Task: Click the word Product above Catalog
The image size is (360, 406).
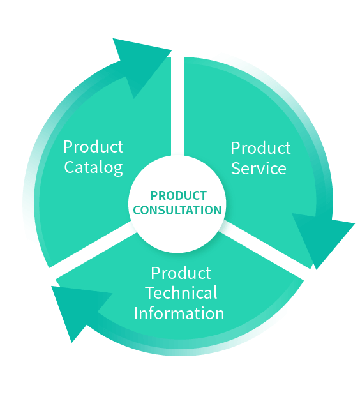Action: [x=93, y=147]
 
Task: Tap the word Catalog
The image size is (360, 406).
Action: [x=93, y=168]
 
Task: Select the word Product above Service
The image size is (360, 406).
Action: [x=260, y=148]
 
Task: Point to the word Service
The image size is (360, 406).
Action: [x=259, y=169]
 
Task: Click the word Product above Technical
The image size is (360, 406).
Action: [x=181, y=273]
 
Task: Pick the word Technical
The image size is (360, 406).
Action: [x=181, y=293]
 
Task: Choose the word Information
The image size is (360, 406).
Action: [x=179, y=313]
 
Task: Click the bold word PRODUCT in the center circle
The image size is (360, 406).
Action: [x=179, y=196]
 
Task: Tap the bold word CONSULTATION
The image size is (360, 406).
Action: [x=177, y=210]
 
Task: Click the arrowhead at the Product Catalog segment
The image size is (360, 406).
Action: [x=140, y=63]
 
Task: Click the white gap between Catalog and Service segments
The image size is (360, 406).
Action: [x=177, y=106]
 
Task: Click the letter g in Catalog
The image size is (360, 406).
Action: [x=118, y=169]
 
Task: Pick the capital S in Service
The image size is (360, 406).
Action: [x=236, y=169]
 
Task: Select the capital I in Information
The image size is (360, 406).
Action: [x=136, y=313]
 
